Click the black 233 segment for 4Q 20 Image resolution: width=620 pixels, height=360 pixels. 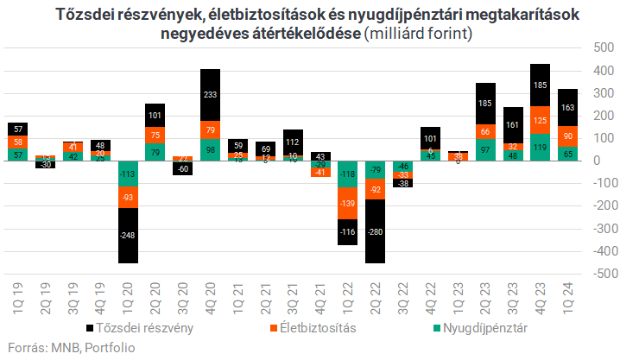(211, 94)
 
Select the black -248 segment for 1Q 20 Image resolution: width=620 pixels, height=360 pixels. (128, 234)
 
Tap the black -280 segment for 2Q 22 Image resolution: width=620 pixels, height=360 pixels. (376, 231)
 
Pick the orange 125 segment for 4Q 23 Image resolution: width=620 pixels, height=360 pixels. (541, 120)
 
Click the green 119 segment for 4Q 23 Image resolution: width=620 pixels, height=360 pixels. (541, 147)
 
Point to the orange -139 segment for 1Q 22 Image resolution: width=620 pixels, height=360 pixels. (348, 203)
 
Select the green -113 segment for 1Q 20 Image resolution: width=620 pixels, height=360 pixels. (128, 174)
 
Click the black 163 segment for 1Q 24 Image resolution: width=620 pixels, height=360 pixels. (568, 108)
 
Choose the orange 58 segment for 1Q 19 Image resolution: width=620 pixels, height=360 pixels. (17, 142)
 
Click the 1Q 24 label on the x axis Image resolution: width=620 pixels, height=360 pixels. (568, 298)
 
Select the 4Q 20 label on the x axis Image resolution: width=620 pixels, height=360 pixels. (211, 298)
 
